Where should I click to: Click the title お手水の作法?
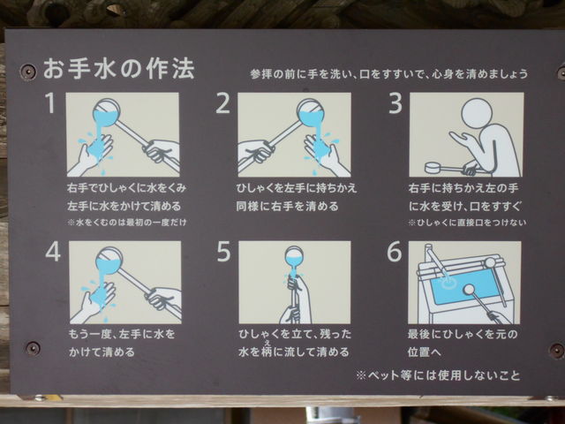coord(119,69)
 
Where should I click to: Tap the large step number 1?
coord(50,102)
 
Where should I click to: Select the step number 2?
coord(222,103)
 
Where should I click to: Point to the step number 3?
coord(395,103)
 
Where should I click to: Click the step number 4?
coord(53,251)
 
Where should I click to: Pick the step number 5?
coord(223,251)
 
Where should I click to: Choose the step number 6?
coord(395,251)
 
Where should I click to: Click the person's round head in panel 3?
coord(477,114)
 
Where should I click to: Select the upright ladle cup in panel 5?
coord(294,257)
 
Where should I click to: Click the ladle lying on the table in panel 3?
coord(447,169)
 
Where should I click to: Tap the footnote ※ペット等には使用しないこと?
coord(438,375)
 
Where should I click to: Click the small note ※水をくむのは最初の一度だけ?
coord(127,223)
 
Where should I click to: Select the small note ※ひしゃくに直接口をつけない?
coord(467,223)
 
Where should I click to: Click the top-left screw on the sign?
coord(27,71)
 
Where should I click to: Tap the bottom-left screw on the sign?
coord(33,348)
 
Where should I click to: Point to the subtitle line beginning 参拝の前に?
coord(389,74)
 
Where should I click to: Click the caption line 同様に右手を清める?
coord(287,206)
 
